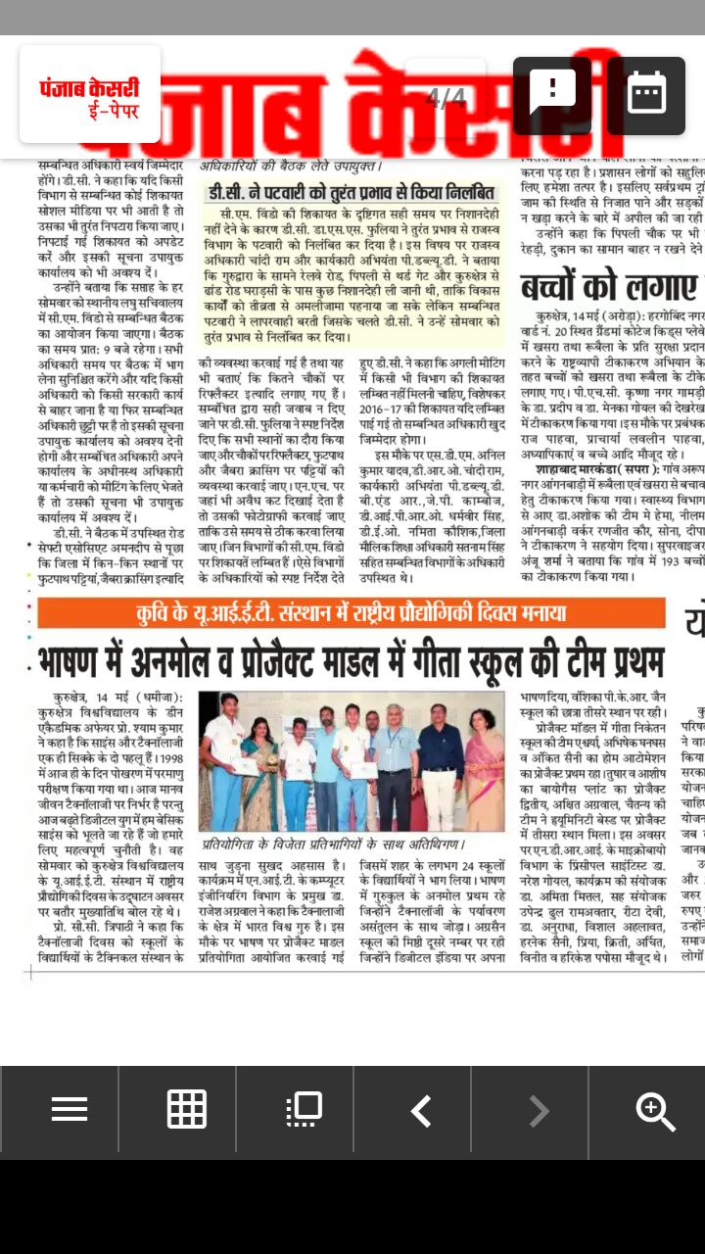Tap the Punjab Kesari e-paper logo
tap(89, 94)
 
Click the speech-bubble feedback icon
tap(552, 95)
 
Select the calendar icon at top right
tap(646, 95)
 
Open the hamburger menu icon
tap(70, 1109)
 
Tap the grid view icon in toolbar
tap(186, 1109)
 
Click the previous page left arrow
tap(421, 1111)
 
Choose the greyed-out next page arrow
tap(539, 1111)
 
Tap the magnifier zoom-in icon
tap(654, 1111)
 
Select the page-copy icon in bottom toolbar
tap(304, 1109)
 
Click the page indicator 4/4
tap(446, 98)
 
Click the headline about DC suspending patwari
tap(353, 193)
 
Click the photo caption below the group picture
tap(334, 844)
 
